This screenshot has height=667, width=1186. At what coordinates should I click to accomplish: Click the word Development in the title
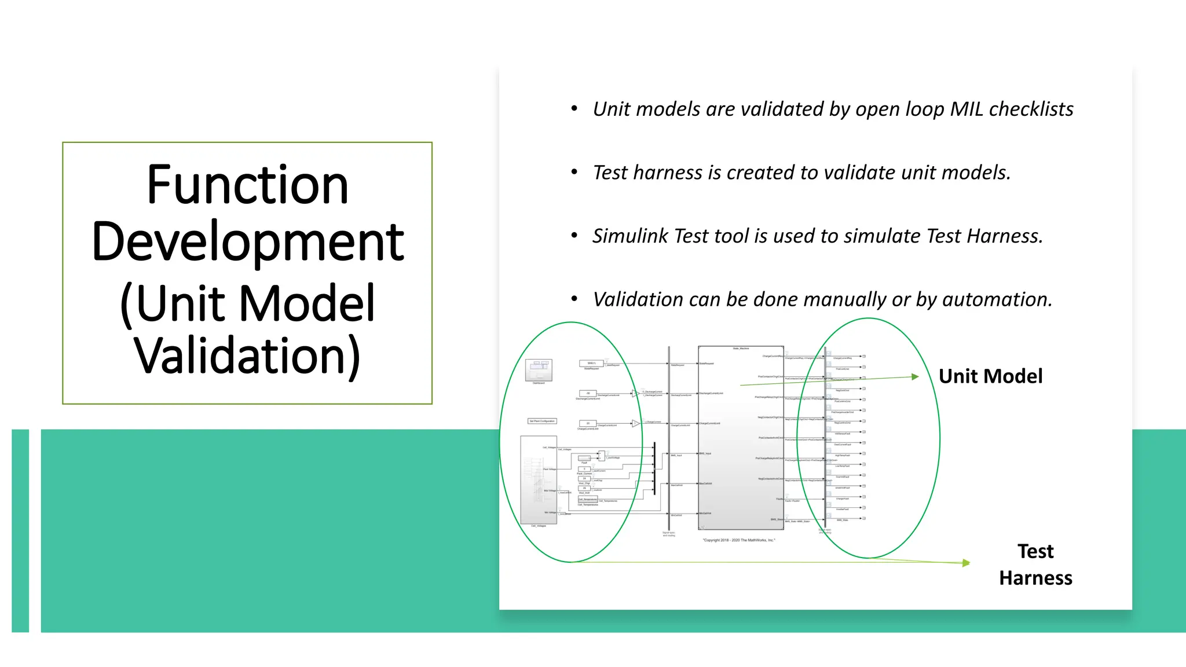click(247, 242)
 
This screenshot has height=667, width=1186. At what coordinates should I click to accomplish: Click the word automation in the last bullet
click(995, 299)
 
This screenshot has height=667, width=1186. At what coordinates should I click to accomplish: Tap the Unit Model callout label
click(990, 376)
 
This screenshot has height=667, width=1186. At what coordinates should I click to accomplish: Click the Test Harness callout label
click(1035, 565)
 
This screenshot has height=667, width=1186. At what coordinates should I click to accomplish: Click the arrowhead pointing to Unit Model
click(915, 377)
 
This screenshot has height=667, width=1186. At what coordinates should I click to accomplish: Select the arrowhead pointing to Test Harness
click(966, 563)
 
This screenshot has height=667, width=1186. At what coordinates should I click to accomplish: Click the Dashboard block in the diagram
click(539, 369)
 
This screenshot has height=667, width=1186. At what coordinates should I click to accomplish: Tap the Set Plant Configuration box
click(542, 421)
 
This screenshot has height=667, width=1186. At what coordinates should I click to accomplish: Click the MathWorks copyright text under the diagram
click(739, 540)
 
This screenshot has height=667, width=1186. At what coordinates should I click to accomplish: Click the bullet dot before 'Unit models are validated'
click(574, 108)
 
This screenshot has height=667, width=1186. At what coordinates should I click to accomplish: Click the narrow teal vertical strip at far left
click(20, 530)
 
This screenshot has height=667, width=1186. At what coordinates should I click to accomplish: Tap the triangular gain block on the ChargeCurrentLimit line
click(635, 423)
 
